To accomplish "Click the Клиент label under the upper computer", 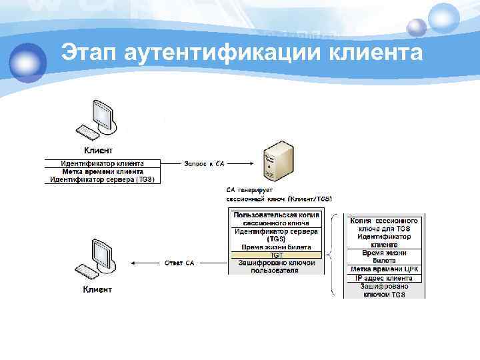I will pos(97,150).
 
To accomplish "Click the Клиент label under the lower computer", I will pos(97,289).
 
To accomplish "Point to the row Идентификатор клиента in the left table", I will pos(102,163).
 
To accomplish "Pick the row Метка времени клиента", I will pos(102,171).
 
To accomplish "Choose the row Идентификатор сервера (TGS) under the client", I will pos(102,179).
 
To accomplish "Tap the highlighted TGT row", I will pos(276,255).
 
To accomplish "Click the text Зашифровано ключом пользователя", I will pos(276,267).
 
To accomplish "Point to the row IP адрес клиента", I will pos(384,277).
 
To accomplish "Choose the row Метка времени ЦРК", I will pos(384,269).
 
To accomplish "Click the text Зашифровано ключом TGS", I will pos(384,290).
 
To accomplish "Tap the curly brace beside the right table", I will pos(334,255).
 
